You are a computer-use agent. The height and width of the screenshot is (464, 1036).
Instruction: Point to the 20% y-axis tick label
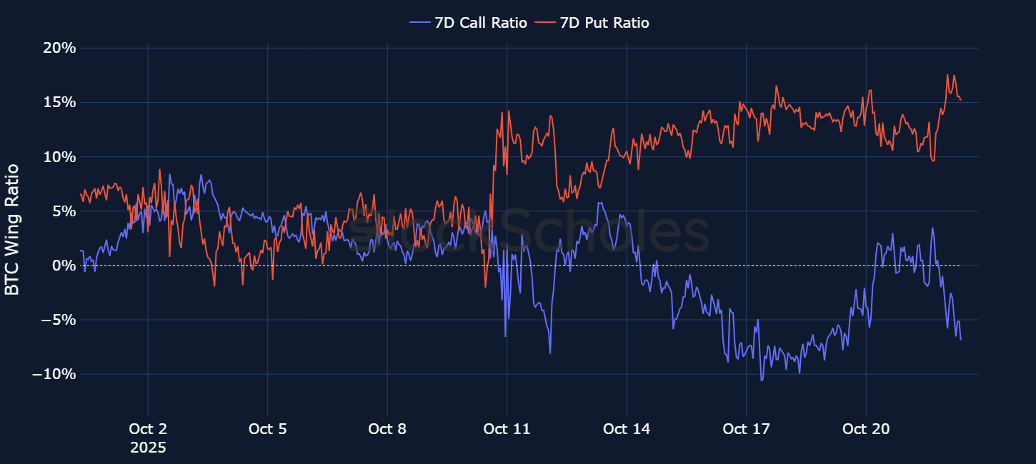coord(59,48)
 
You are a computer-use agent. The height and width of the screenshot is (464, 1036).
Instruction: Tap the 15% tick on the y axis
coord(59,102)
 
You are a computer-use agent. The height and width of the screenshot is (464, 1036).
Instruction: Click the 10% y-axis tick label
coord(59,157)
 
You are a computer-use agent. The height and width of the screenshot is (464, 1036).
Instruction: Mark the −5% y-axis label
coord(56,320)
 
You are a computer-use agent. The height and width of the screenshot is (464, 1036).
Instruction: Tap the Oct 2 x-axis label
coord(148,429)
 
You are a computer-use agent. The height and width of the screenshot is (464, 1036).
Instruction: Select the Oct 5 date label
coord(267,429)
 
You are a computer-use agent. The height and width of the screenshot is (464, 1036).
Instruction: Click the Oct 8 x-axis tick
coord(387,429)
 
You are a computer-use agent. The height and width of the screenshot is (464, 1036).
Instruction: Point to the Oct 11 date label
coord(507,429)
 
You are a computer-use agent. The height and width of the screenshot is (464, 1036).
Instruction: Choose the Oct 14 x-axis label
coord(627,429)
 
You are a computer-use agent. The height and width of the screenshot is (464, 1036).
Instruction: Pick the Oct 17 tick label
coord(746,429)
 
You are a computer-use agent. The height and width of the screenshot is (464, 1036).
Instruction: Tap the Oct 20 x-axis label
coord(866,429)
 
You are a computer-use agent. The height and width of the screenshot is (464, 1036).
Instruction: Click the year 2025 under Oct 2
coord(148,448)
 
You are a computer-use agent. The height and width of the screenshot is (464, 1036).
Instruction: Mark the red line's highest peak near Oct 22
coord(947,75)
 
